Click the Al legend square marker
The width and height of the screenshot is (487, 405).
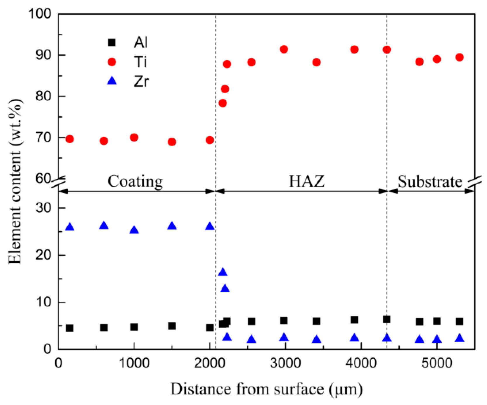tap(112, 42)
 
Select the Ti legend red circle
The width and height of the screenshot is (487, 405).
tap(112, 62)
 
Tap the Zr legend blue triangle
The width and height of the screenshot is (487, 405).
tap(112, 81)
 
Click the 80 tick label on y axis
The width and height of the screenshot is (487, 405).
tap(43, 96)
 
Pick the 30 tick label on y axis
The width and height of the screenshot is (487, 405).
tap(43, 208)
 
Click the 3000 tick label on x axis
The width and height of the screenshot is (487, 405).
tap(285, 363)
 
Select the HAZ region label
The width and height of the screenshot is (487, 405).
tap(307, 181)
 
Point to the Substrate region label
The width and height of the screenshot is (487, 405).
tap(429, 181)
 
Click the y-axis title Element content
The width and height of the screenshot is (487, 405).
tap(15, 181)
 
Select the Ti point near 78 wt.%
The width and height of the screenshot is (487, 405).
tap(223, 103)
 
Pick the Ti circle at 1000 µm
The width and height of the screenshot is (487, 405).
tap(134, 137)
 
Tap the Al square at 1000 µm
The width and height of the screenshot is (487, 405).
tap(134, 327)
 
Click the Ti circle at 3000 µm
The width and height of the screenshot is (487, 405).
tap(284, 49)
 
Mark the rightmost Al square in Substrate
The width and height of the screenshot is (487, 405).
tap(459, 322)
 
